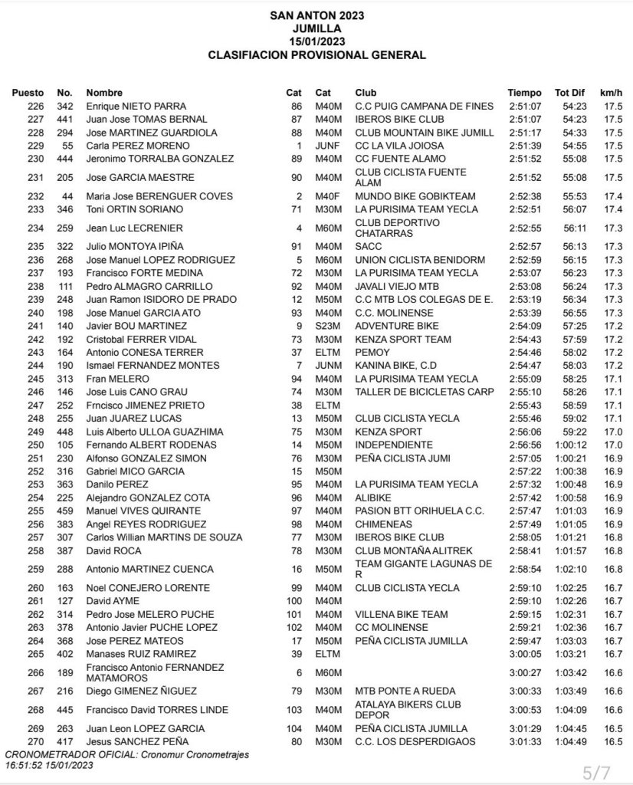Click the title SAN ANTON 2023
(x=316, y=15)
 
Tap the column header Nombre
(x=104, y=93)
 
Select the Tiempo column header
(x=524, y=93)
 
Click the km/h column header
(x=612, y=93)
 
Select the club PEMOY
(x=372, y=352)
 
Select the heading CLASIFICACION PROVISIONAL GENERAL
(x=316, y=55)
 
